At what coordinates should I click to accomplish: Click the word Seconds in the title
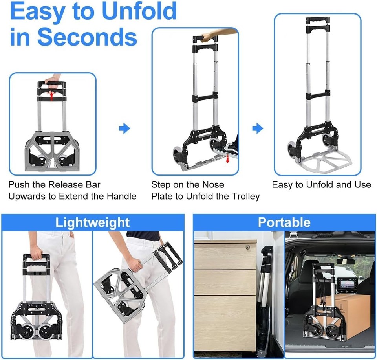[87, 37]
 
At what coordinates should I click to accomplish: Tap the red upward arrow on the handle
[51, 95]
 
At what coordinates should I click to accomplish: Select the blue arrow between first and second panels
[124, 128]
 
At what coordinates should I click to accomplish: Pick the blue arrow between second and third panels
[257, 128]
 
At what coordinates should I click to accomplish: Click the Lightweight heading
[92, 222]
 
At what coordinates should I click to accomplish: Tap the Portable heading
[284, 222]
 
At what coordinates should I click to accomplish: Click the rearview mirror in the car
[346, 261]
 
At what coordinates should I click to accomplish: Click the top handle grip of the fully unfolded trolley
[317, 20]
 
